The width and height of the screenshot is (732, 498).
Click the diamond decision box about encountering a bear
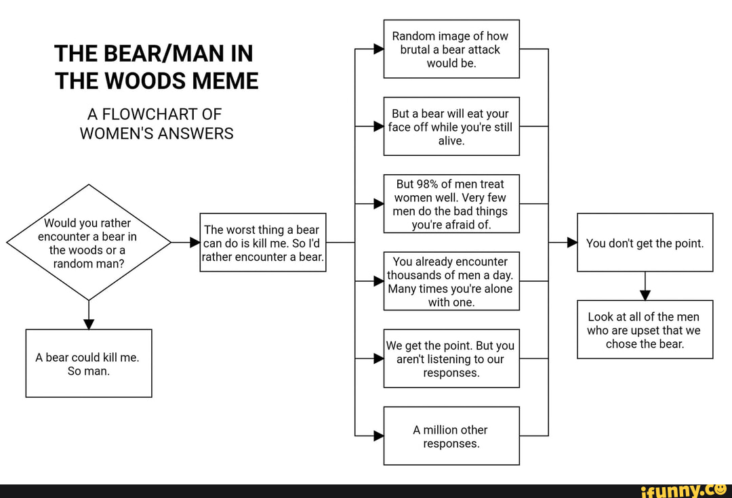tap(88, 243)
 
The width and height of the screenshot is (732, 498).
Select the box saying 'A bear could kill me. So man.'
tap(88, 364)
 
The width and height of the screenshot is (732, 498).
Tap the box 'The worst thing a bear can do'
tap(263, 243)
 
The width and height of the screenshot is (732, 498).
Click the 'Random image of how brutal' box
tap(451, 49)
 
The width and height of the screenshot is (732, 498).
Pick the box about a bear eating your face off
tap(451, 127)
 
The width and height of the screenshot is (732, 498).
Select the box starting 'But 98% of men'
tap(451, 204)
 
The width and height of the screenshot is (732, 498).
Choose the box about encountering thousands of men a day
tap(451, 281)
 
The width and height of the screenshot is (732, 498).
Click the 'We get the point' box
tap(451, 358)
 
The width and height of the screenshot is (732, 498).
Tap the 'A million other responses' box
tap(451, 436)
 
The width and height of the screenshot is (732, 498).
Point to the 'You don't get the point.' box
tap(645, 243)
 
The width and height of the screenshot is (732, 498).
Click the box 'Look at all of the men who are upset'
tap(645, 329)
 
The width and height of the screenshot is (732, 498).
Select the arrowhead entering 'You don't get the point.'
tap(571, 243)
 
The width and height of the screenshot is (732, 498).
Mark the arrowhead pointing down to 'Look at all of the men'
tap(645, 294)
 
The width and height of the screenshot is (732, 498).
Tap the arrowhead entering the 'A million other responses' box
tap(378, 436)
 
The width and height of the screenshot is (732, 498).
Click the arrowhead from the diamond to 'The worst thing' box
tap(194, 243)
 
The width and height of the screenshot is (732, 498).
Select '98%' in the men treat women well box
tap(430, 184)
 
